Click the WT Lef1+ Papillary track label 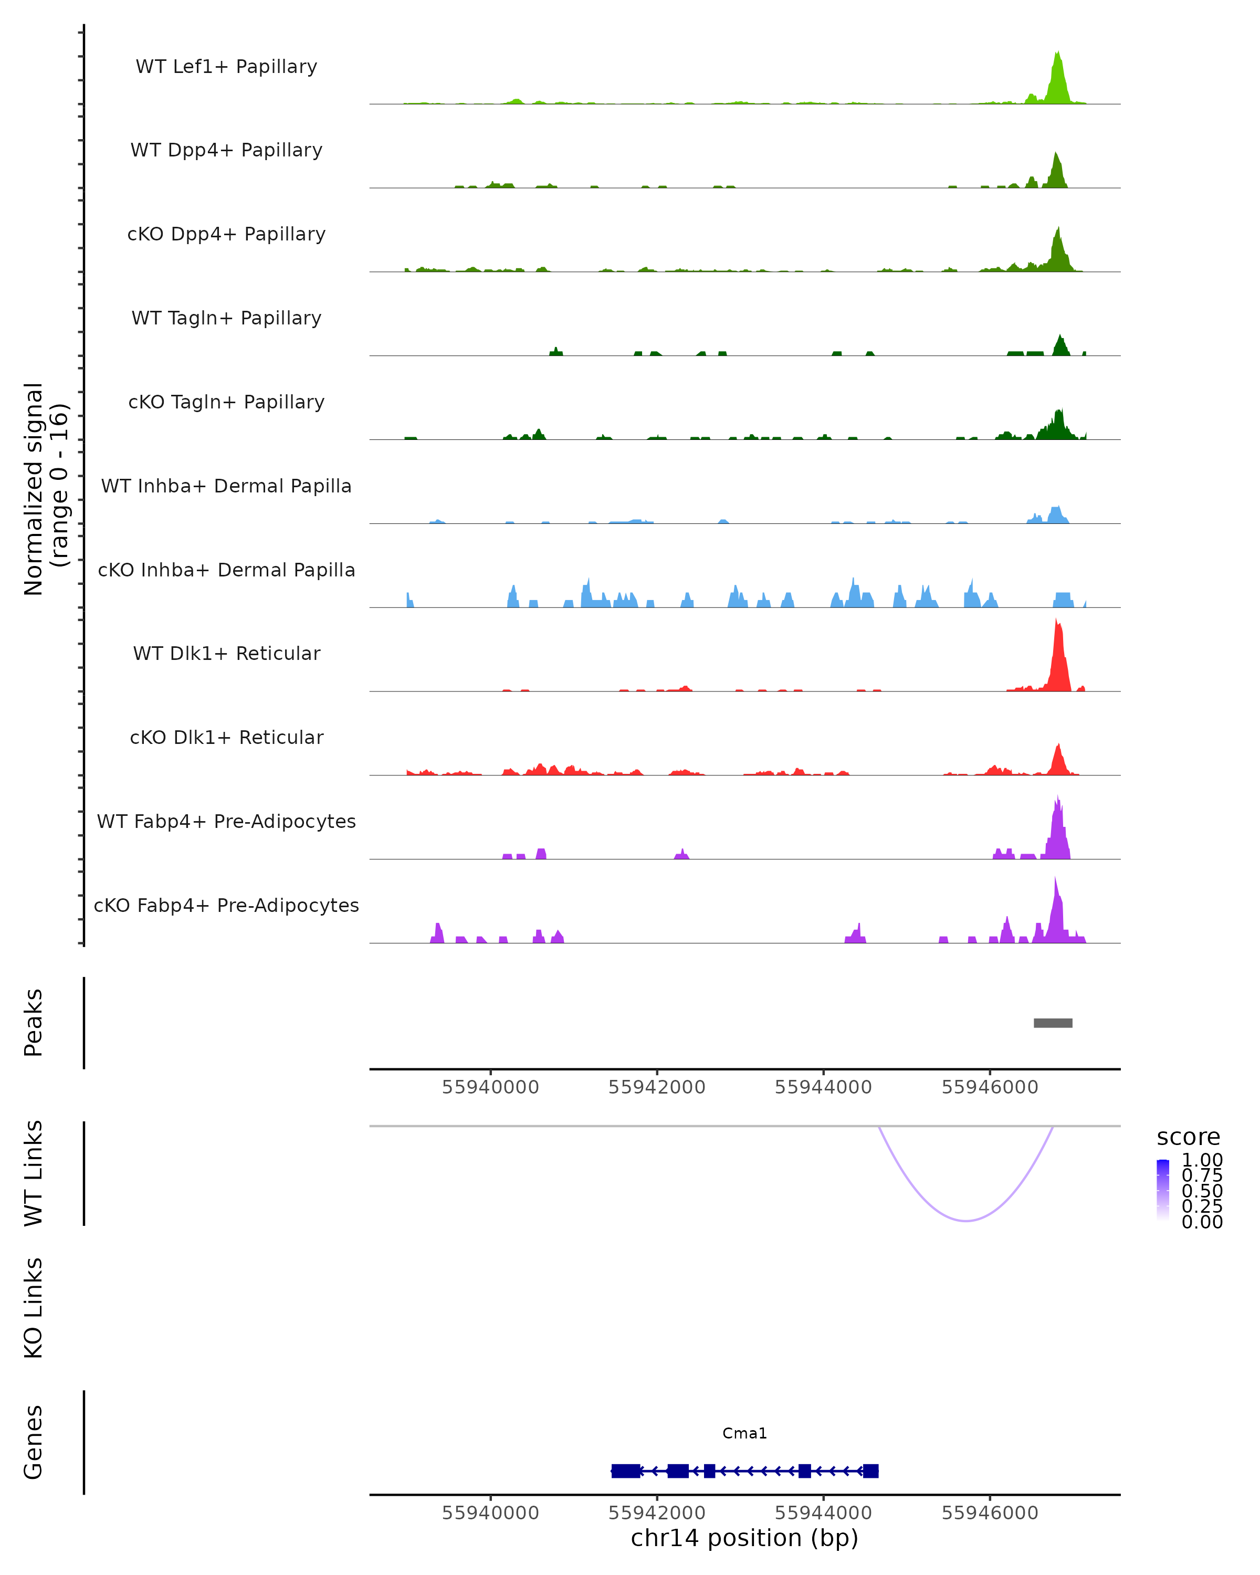click(x=226, y=67)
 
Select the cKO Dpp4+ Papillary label click(x=226, y=235)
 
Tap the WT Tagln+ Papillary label click(x=226, y=319)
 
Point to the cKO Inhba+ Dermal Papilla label click(x=226, y=571)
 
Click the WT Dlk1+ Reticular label click(x=226, y=654)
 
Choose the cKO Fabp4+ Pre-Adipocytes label click(x=226, y=906)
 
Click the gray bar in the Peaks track click(x=1053, y=1023)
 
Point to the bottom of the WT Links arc click(x=965, y=1220)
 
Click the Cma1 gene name click(x=744, y=1433)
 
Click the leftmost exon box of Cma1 click(x=625, y=1471)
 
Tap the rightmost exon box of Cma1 click(x=870, y=1471)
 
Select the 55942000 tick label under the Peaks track click(x=657, y=1087)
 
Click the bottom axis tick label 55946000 click(x=990, y=1513)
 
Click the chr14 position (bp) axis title click(x=744, y=1538)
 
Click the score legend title click(x=1189, y=1138)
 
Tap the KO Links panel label click(x=34, y=1308)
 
